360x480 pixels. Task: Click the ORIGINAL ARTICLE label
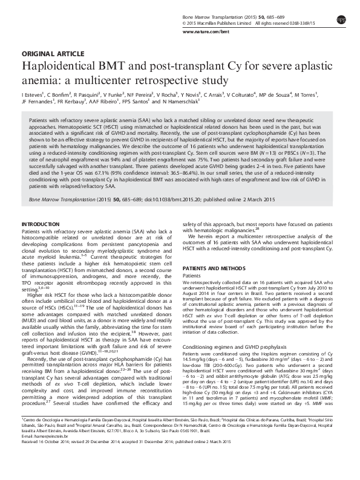(x=44, y=53)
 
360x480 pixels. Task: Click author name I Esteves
(x=33, y=95)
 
